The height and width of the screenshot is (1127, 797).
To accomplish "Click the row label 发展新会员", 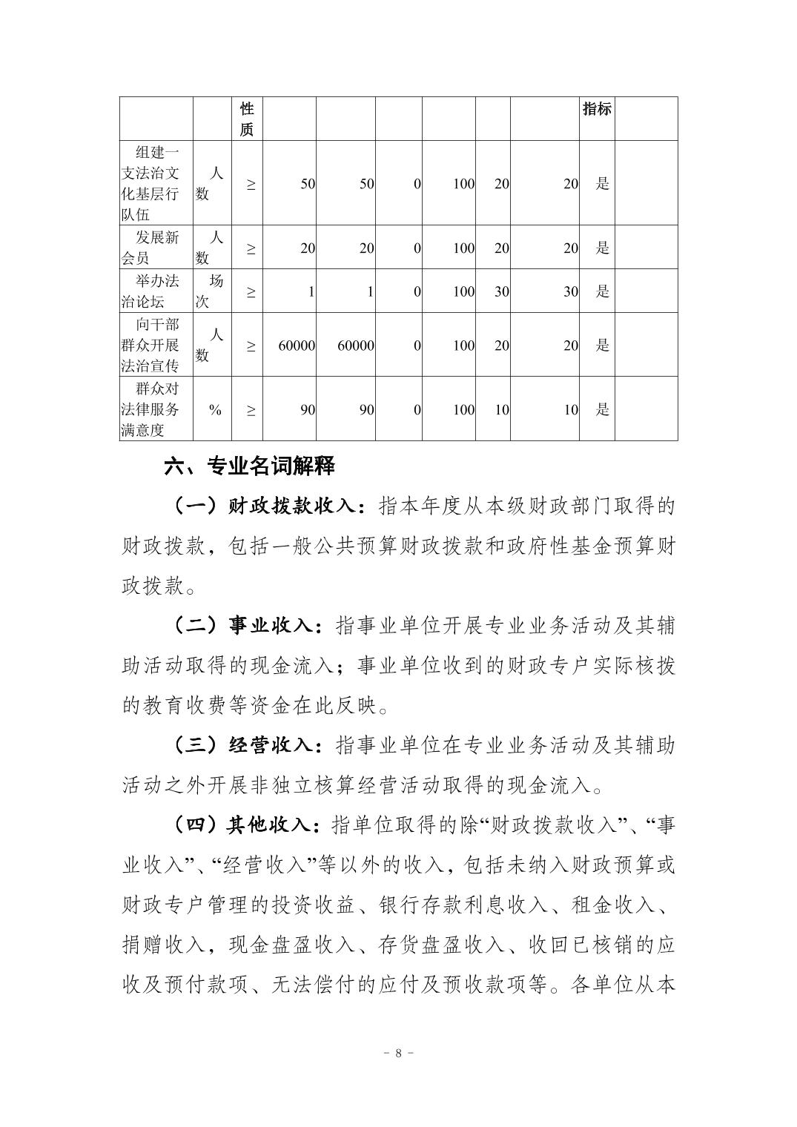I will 156,248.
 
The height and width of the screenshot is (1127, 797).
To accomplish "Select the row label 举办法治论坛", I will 156,291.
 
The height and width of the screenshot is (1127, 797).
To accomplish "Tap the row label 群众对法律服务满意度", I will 156,409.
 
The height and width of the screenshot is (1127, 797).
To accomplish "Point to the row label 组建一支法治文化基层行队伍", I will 156,183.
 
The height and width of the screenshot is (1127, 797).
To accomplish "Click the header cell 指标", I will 597,109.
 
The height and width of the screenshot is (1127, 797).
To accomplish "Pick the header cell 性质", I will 247,119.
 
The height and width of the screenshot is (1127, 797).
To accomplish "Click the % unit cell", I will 215,409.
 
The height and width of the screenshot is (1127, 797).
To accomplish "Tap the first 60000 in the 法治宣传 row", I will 297,346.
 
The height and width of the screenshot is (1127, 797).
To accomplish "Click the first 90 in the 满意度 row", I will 308,409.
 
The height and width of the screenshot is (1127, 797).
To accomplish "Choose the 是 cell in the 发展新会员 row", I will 602,248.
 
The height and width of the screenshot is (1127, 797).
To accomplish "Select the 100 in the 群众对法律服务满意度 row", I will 463,409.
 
